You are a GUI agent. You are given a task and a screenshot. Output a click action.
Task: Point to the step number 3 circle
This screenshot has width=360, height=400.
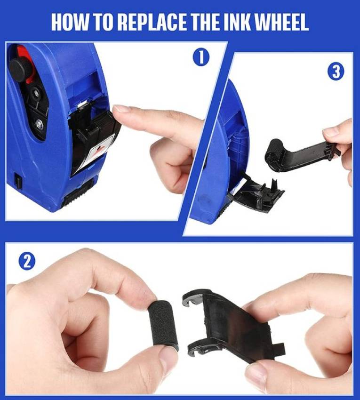click(336, 71)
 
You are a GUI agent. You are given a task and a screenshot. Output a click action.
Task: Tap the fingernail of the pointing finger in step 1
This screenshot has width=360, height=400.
click(122, 109)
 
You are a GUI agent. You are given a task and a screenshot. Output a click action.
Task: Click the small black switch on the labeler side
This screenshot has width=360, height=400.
click(18, 181)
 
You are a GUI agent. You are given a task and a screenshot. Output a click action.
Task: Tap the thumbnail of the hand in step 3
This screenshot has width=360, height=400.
click(331, 132)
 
